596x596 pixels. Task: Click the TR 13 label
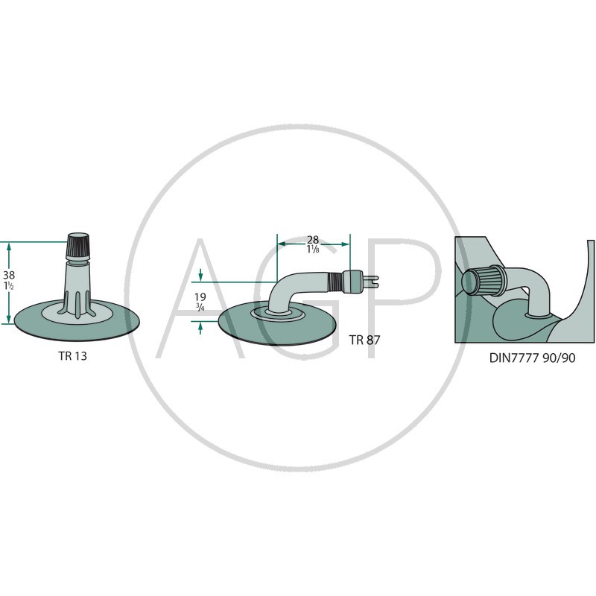click(72, 356)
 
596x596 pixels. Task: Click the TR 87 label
click(364, 340)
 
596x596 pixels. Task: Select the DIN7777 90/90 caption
click(532, 358)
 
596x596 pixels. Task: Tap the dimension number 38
click(9, 275)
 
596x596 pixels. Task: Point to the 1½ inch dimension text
click(9, 285)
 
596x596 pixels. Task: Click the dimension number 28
click(313, 240)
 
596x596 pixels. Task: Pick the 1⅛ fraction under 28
click(313, 250)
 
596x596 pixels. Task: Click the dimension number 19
click(200, 297)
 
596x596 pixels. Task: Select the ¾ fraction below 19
click(200, 306)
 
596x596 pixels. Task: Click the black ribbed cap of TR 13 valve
click(78, 246)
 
